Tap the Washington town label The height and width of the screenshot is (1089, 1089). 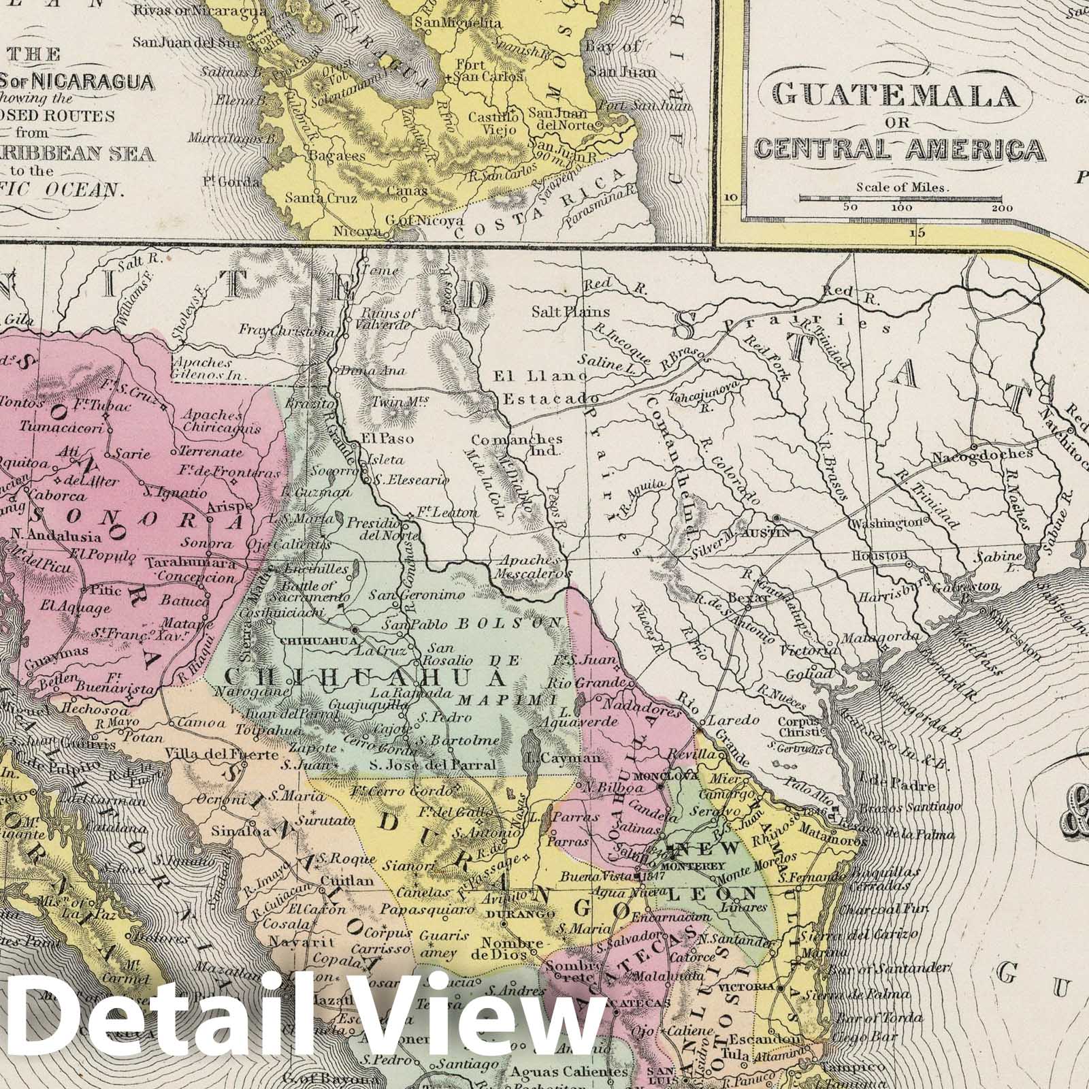coord(883,523)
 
